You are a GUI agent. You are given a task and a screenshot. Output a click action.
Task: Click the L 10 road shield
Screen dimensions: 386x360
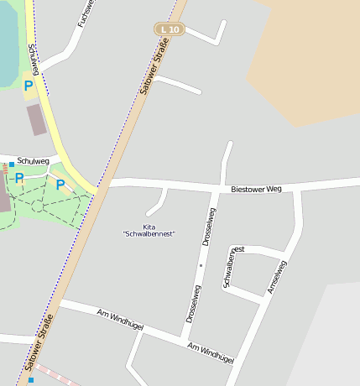click(x=169, y=29)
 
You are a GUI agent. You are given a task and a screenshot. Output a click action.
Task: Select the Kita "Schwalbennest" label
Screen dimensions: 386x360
click(x=149, y=230)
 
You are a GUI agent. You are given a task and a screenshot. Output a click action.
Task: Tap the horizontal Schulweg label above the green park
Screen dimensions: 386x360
click(x=33, y=161)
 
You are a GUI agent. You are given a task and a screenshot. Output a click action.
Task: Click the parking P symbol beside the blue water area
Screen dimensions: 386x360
click(x=28, y=86)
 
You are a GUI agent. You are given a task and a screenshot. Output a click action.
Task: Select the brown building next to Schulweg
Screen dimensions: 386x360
click(x=37, y=120)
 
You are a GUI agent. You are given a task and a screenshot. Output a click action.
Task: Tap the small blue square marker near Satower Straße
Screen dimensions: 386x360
click(x=31, y=380)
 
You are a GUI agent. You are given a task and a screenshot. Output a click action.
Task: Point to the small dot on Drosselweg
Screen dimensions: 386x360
click(x=201, y=266)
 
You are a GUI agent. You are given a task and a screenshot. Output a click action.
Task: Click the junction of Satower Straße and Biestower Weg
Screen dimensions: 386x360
click(x=102, y=185)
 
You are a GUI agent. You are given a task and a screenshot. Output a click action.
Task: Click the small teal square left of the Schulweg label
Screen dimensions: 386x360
click(x=12, y=164)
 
